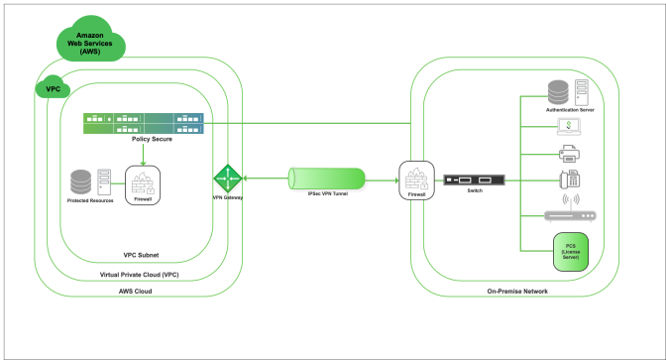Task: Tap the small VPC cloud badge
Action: pyautogui.click(x=53, y=87)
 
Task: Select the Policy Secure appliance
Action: pyautogui.click(x=144, y=123)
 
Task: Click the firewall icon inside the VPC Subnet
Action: pyautogui.click(x=143, y=185)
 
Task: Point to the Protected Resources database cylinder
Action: pyautogui.click(x=80, y=181)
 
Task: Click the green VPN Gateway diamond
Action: pyautogui.click(x=228, y=179)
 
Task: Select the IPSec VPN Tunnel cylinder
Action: pyautogui.click(x=326, y=179)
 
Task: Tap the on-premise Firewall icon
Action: pyautogui.click(x=416, y=180)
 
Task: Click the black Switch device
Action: pyautogui.click(x=474, y=180)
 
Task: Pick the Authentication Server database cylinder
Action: pyautogui.click(x=558, y=92)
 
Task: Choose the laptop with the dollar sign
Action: pyautogui.click(x=569, y=127)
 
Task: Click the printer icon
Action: pyautogui.click(x=569, y=154)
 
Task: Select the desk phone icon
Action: pyautogui.click(x=570, y=180)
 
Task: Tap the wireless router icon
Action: pyautogui.click(x=570, y=208)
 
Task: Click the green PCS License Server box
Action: pyautogui.click(x=571, y=252)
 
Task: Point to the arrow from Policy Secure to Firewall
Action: pyautogui.click(x=143, y=155)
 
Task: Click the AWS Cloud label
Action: pyautogui.click(x=135, y=292)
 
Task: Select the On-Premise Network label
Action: pyautogui.click(x=517, y=292)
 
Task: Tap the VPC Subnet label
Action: pyautogui.click(x=141, y=255)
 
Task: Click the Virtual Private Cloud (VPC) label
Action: pyautogui.click(x=140, y=275)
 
